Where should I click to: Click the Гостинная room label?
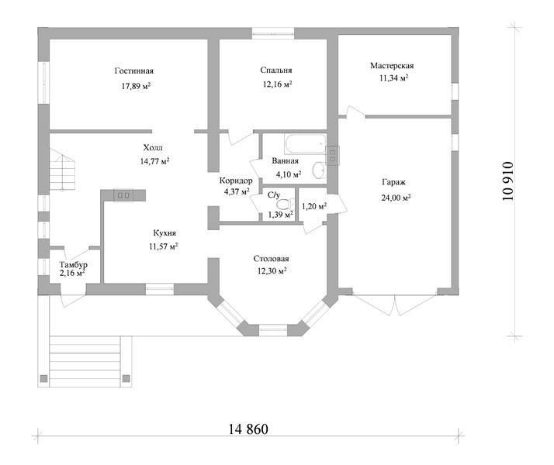pos(134,71)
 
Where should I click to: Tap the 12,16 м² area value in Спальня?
pos(277,84)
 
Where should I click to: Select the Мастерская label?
pos(392,66)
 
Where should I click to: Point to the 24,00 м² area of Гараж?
pos(396,198)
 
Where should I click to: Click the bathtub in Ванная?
pos(305,143)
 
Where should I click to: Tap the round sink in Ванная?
pos(319,170)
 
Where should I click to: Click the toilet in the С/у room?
pos(286,205)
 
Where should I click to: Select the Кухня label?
pos(164,233)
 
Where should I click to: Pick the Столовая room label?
pos(271,259)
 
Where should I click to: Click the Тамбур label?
pos(73,264)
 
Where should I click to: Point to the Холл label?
pos(153,147)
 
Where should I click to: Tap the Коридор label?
pos(236,181)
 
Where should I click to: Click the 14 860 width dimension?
pos(248,429)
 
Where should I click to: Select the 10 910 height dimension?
pos(507,181)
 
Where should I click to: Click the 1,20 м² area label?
pos(314,206)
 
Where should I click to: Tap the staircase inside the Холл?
pos(62,170)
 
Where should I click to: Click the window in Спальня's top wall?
pos(273,33)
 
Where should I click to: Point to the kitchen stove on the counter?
pos(123,195)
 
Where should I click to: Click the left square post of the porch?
pos(43,378)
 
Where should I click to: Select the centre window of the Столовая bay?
pos(273,330)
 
